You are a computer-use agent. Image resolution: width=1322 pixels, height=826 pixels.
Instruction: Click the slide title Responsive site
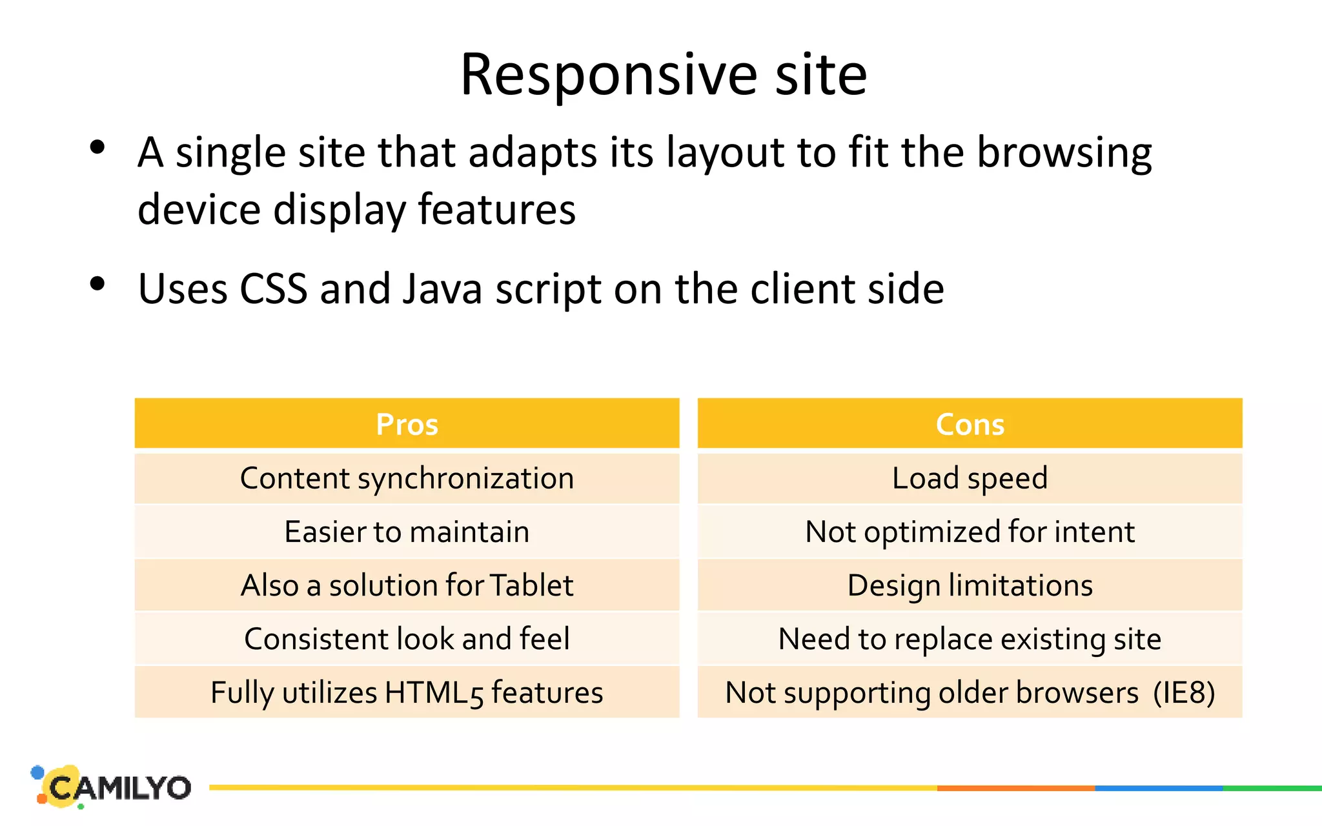coord(663,75)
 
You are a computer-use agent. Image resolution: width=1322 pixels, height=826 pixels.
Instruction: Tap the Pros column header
coord(407,424)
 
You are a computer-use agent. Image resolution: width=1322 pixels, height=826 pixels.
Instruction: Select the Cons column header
coord(970,424)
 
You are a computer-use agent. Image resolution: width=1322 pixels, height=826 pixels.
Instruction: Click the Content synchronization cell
coord(407,478)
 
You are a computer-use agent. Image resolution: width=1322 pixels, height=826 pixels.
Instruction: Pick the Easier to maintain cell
coord(407,532)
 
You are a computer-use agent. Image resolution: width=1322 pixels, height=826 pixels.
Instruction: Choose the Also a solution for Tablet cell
coord(407,585)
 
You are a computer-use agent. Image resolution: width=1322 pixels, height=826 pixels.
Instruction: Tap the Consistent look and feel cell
coord(407,639)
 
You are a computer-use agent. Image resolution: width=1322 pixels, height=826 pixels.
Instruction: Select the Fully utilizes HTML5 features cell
coord(407,692)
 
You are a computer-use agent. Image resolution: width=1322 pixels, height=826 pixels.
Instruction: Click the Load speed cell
coord(970,478)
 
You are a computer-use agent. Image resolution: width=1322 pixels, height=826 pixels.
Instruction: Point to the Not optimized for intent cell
coord(970,532)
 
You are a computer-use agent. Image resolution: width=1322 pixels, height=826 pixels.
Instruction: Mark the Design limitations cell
coord(970,585)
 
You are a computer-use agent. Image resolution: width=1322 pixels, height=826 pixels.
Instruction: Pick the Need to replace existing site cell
coord(970,639)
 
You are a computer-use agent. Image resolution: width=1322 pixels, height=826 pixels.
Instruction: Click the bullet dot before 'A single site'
coord(97,147)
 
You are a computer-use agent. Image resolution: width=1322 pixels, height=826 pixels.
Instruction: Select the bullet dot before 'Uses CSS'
coord(97,283)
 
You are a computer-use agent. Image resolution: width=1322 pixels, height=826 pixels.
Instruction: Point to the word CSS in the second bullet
coord(273,288)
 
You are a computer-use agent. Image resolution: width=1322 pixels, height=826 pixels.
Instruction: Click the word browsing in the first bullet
coord(1064,154)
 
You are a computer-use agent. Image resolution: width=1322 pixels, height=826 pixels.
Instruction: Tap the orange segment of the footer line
coord(1015,788)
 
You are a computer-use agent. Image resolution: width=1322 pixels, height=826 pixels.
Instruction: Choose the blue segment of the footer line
coord(1159,788)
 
